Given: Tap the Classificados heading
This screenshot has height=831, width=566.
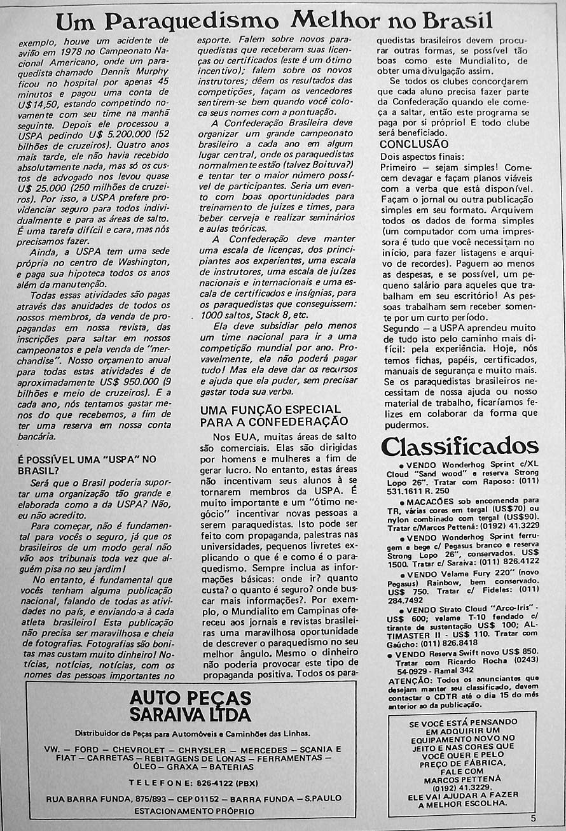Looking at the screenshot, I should (x=459, y=446).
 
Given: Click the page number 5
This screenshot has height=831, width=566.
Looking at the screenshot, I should (x=533, y=819).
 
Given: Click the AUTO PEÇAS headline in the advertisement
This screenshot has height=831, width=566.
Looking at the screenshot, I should (x=190, y=697).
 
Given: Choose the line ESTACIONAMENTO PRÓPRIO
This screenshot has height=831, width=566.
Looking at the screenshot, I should (x=194, y=811).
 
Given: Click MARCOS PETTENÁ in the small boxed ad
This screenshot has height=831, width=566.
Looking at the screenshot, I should (x=462, y=778).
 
